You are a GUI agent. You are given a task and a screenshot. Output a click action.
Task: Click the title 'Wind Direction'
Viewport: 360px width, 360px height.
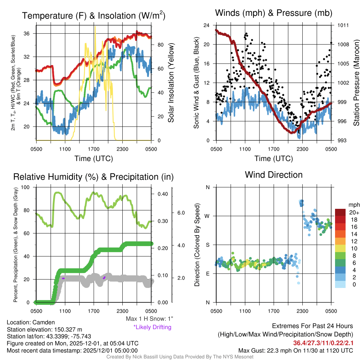tap(274, 175)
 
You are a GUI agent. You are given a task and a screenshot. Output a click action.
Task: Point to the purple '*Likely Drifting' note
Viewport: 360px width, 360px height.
tap(152, 327)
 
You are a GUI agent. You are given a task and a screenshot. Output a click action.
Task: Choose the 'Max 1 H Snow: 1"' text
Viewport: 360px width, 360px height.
tap(149, 319)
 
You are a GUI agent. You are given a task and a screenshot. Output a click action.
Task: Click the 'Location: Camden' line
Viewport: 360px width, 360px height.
tap(31, 322)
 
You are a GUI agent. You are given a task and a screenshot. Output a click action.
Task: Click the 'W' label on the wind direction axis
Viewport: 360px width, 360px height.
tap(207, 216)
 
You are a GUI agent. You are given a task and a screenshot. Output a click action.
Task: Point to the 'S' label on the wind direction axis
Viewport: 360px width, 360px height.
tap(208, 245)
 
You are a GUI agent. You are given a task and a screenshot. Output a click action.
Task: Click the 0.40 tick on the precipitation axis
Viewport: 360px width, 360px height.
tap(163, 194)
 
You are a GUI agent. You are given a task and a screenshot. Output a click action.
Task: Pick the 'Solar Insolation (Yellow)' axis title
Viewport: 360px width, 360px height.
tap(171, 83)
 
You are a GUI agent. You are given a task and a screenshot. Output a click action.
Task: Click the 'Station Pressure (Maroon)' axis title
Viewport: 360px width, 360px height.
tap(356, 83)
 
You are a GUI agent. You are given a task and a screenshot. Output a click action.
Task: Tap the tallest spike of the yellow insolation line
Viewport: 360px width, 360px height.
tap(95, 27)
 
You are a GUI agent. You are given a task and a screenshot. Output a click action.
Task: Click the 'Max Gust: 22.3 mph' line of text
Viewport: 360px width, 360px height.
tap(295, 351)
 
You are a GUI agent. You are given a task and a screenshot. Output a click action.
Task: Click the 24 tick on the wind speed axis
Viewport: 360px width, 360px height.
tap(207, 25)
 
